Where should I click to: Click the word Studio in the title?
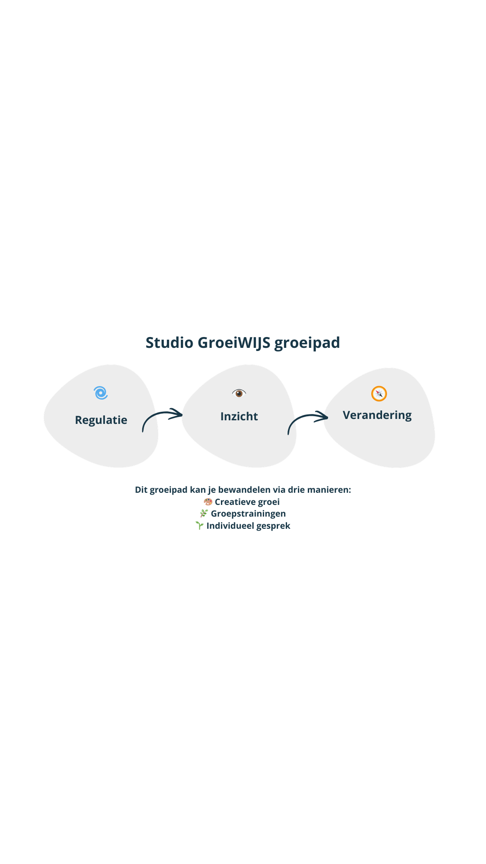(x=169, y=343)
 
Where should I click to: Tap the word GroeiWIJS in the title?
(x=234, y=343)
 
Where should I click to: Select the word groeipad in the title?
(x=307, y=343)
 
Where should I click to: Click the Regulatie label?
(x=101, y=420)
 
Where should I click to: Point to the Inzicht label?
(x=239, y=416)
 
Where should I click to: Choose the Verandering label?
(x=377, y=415)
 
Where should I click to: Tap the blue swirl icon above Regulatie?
(x=101, y=393)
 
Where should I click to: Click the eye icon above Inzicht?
(x=239, y=393)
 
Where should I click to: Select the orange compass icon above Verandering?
(x=379, y=394)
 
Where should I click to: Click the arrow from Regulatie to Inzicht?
(x=162, y=418)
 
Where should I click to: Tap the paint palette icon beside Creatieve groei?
(x=208, y=502)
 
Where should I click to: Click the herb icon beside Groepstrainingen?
(x=204, y=513)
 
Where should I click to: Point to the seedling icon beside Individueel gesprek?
(x=199, y=526)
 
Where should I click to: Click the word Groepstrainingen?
(x=248, y=513)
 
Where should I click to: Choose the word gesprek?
(x=274, y=526)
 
